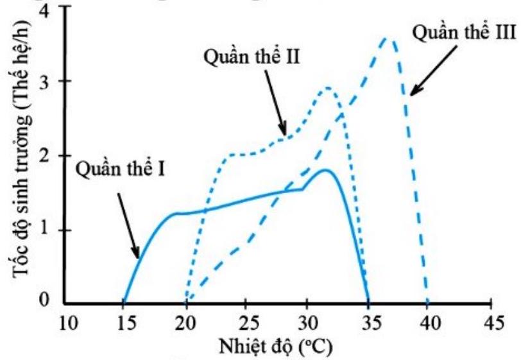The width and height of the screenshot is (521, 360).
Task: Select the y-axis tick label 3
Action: coord(52,81)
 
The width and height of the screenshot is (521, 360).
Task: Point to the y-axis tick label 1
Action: coord(52,230)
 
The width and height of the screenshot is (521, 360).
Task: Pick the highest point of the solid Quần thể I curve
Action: coord(326,169)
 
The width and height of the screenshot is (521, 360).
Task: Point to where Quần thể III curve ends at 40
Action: coord(427,302)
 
